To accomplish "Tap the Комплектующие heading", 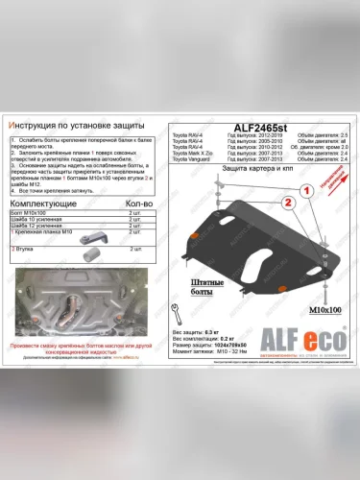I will [x=45, y=204].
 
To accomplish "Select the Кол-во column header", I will [x=140, y=204].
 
